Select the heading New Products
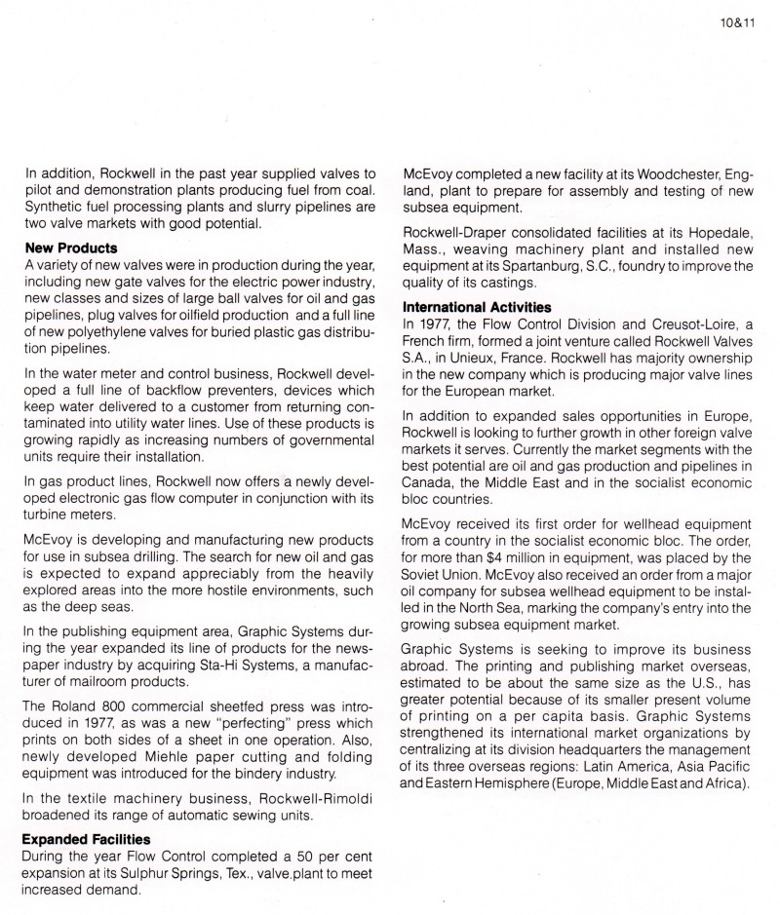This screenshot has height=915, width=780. pos(71,248)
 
